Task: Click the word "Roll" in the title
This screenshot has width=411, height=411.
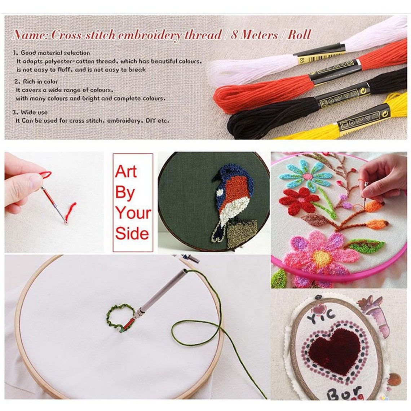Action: (299, 35)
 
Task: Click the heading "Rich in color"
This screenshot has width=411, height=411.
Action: (40, 81)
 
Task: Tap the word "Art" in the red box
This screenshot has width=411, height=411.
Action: (126, 172)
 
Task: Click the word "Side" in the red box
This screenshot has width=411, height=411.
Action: (132, 234)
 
